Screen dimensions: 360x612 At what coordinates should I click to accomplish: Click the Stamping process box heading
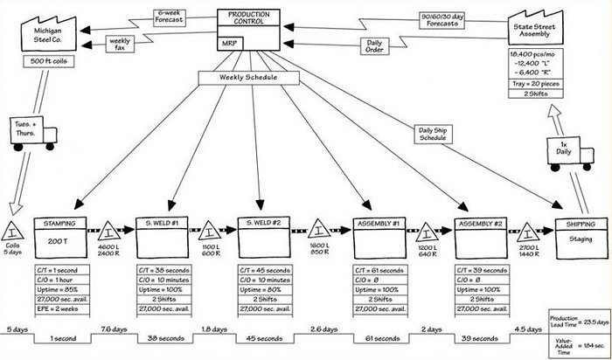(x=59, y=225)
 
